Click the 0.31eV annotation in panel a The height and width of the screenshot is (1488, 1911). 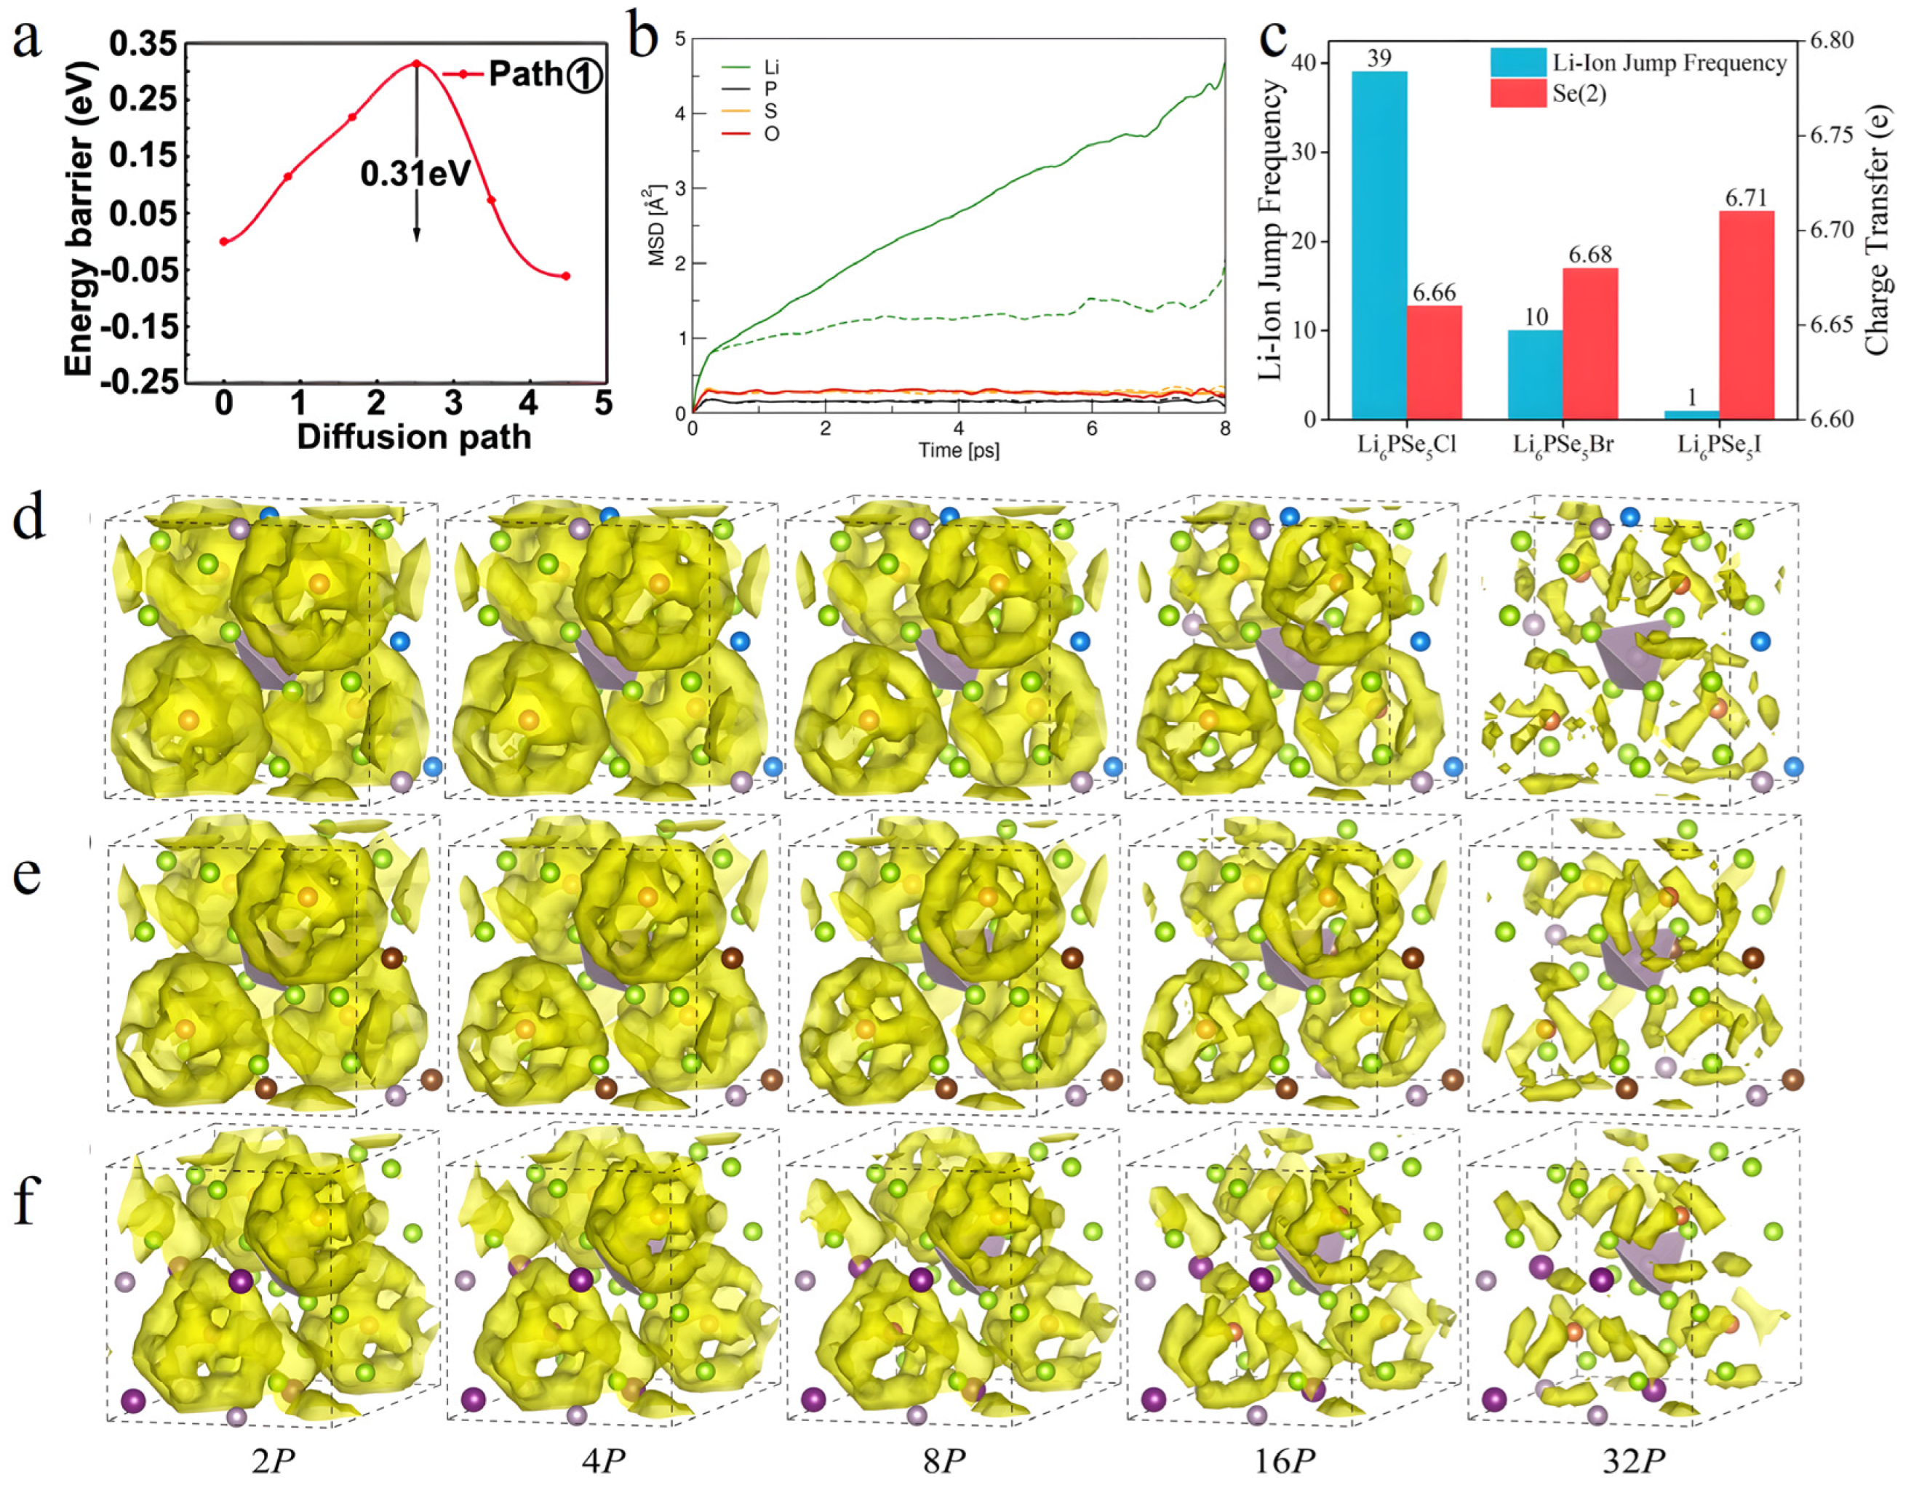coord(415,173)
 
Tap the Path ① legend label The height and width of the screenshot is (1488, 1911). coord(543,74)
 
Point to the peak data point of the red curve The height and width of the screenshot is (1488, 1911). coord(417,63)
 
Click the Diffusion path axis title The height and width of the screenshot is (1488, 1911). coord(414,436)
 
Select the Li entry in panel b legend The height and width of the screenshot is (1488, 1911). coord(771,68)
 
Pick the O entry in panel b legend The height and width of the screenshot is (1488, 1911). coord(771,134)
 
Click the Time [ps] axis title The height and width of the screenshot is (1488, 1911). coord(958,449)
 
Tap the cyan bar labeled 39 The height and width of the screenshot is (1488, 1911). coord(1379,245)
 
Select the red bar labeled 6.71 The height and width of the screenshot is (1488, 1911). coord(1747,315)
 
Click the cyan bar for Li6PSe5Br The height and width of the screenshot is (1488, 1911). coord(1536,375)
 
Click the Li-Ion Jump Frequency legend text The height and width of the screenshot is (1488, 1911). coord(1669,63)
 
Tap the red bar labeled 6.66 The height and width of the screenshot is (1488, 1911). coord(1434,362)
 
